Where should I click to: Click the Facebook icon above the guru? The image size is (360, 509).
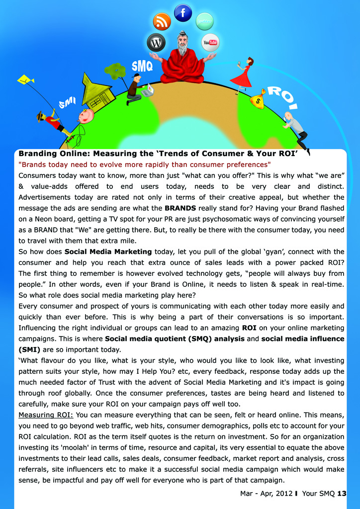click(183, 12)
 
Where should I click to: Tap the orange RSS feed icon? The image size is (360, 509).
click(162, 21)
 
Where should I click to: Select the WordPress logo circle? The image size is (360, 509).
click(156, 43)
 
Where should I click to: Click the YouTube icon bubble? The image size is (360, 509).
click(210, 42)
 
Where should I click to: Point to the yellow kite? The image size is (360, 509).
click(25, 80)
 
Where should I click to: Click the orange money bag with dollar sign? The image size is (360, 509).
click(258, 100)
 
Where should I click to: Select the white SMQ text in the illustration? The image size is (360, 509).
click(142, 66)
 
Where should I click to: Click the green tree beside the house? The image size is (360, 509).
click(117, 73)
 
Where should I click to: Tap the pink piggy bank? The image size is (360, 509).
click(86, 116)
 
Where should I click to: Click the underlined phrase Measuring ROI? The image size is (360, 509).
click(46, 415)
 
